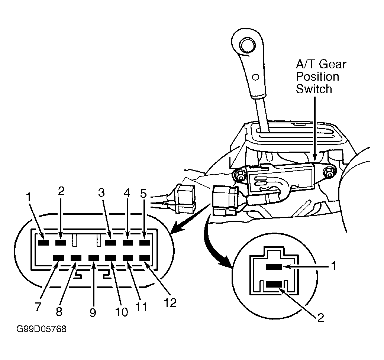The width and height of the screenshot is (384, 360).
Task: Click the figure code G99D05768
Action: (x=41, y=329)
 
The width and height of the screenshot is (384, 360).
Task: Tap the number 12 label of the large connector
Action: (x=170, y=303)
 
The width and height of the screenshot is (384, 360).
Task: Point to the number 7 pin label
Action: (x=38, y=306)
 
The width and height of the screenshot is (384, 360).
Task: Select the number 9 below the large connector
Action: (x=93, y=312)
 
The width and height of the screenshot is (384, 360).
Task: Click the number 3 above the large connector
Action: (x=101, y=192)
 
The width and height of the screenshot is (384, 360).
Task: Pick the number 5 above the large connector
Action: (x=143, y=194)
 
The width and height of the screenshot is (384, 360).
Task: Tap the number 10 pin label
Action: (x=122, y=312)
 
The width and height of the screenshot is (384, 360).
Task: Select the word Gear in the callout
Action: (x=333, y=64)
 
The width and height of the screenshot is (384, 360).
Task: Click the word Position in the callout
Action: (x=317, y=77)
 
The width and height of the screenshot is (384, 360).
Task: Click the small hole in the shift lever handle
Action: (x=256, y=77)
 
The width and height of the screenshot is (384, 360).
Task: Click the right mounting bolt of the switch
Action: (x=329, y=172)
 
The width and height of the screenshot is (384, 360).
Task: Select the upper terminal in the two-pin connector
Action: (x=274, y=267)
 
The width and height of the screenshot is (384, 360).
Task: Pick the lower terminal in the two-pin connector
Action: (x=274, y=284)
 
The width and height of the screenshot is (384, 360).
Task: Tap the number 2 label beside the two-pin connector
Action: (x=320, y=318)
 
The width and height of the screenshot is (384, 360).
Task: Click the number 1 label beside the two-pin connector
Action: (x=333, y=266)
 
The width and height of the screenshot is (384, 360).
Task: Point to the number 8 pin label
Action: (x=59, y=312)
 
